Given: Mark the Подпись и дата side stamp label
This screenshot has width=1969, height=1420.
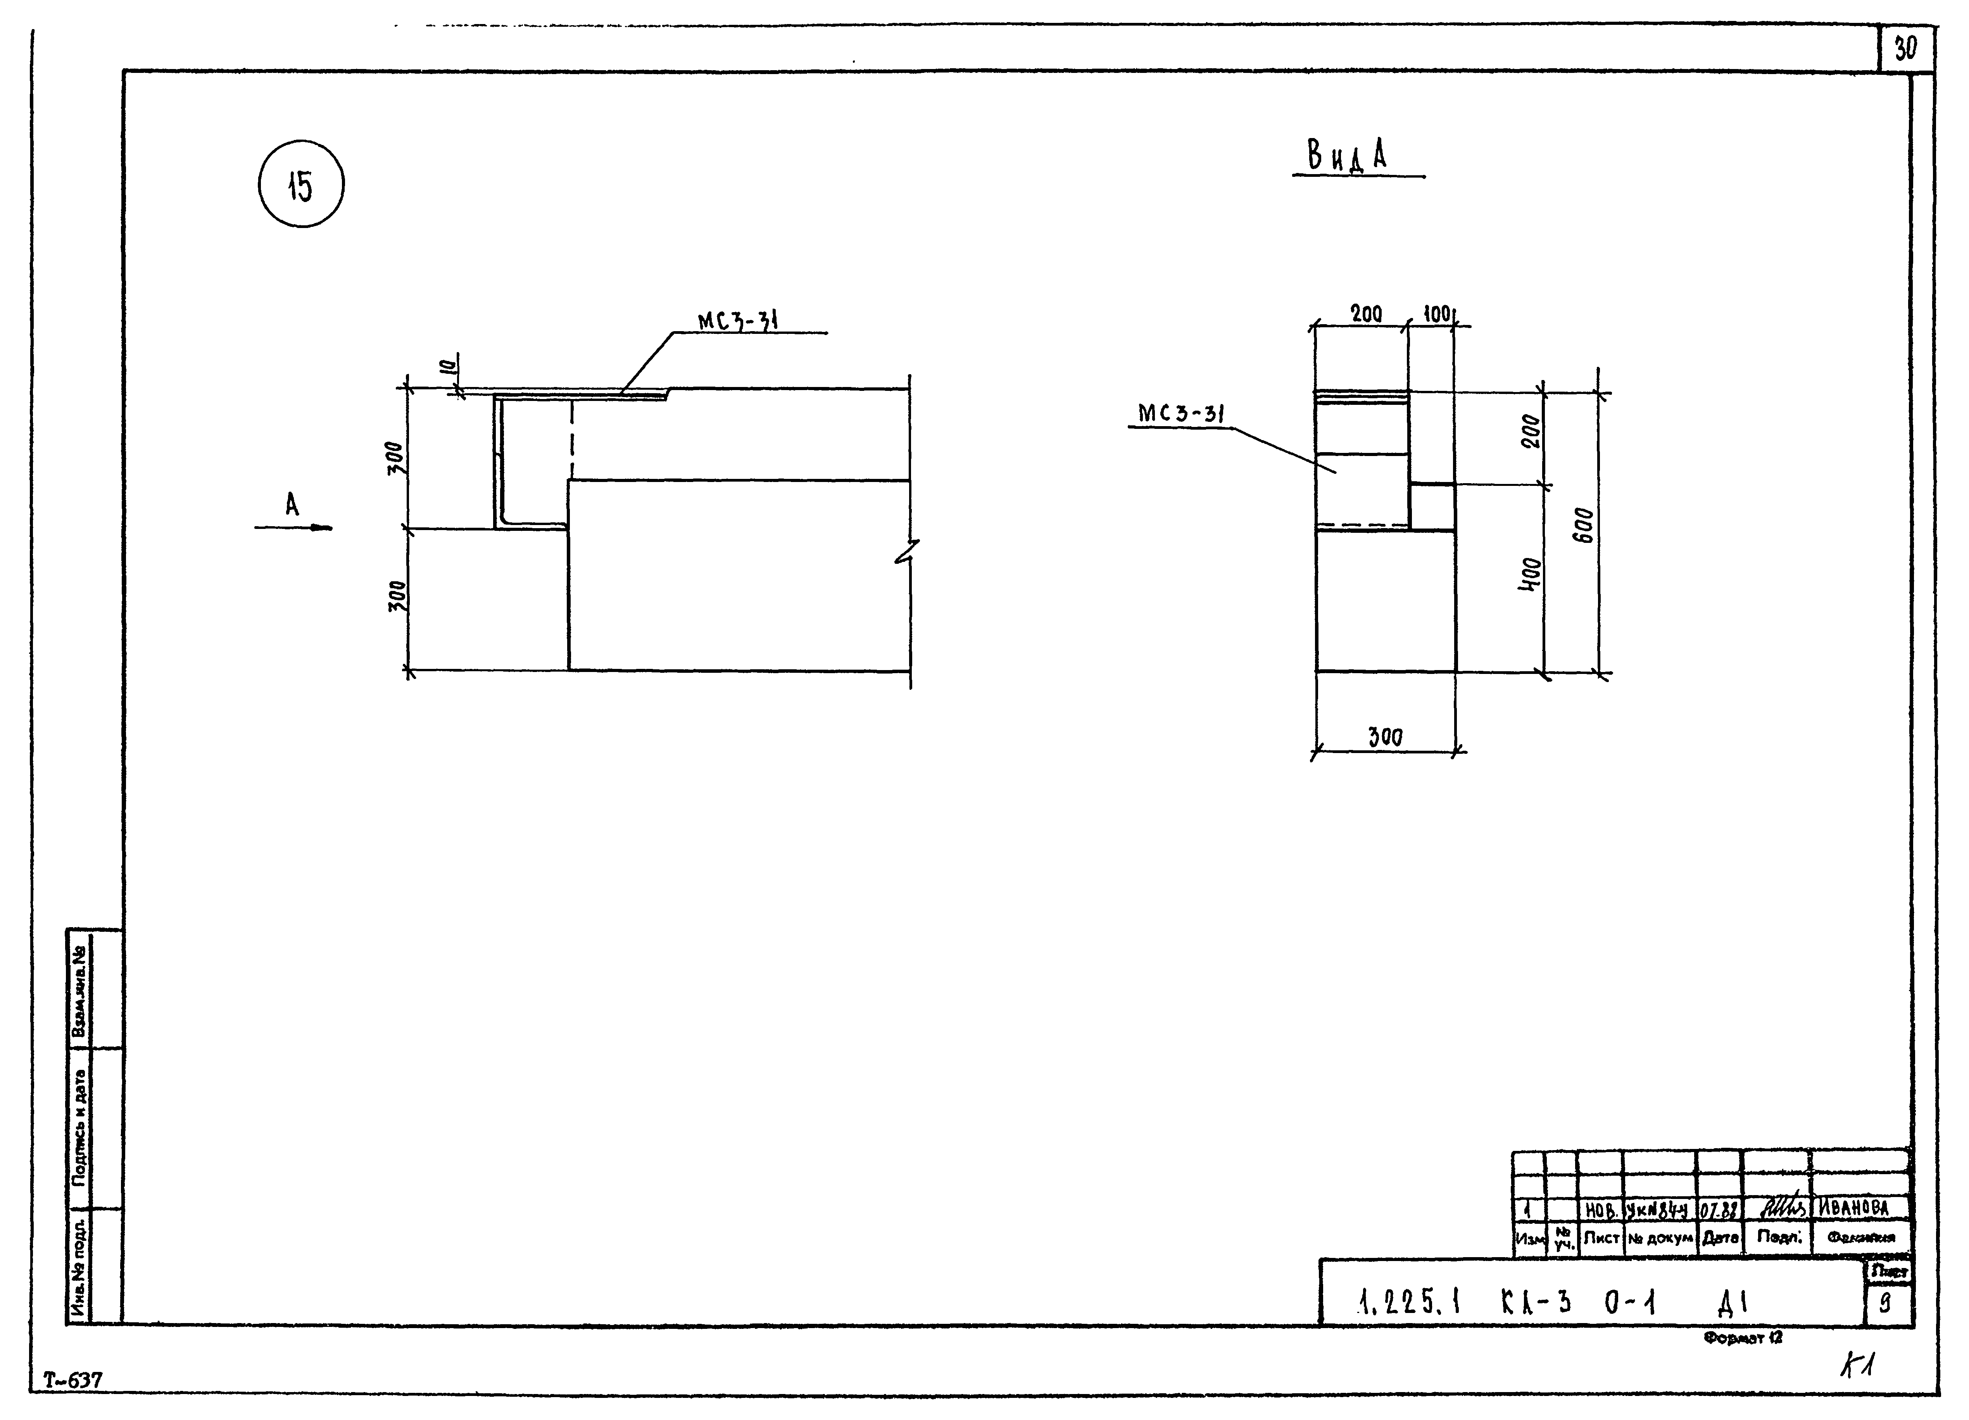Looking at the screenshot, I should [x=80, y=1127].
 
